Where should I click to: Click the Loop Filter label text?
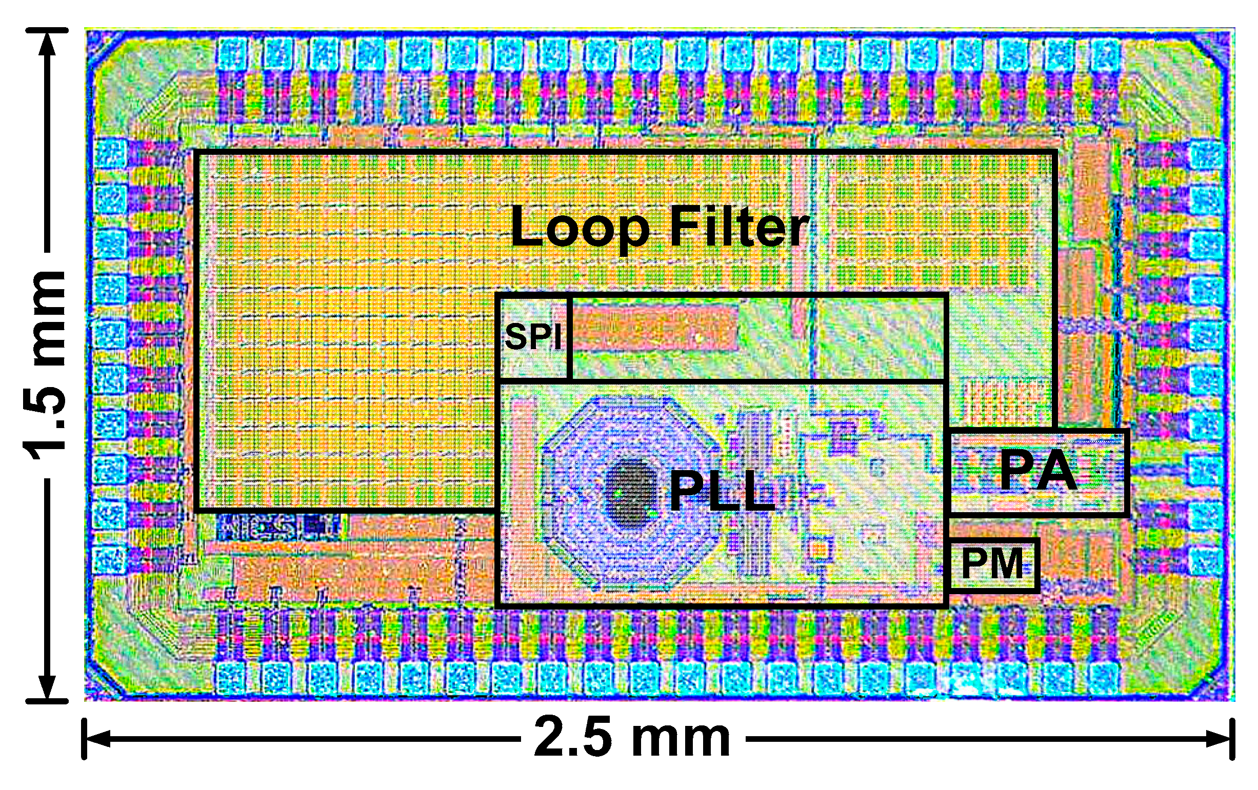(660, 227)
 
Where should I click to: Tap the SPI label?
(533, 337)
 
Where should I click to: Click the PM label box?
(993, 564)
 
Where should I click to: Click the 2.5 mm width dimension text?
(632, 738)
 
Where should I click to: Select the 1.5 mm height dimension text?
(46, 366)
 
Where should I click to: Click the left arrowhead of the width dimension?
(94, 739)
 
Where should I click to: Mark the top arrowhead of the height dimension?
(47, 42)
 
